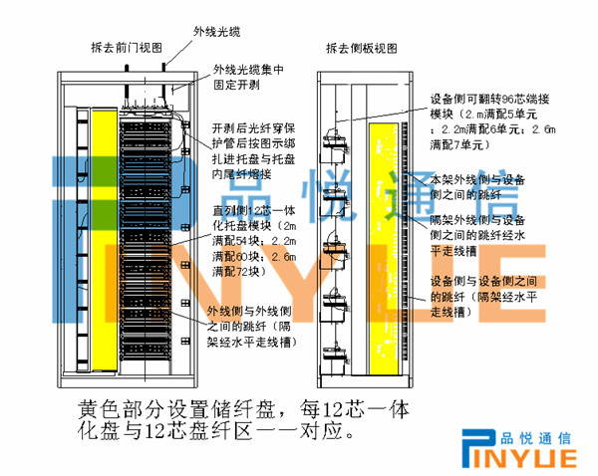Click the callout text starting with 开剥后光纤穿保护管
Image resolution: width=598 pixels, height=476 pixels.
point(253,150)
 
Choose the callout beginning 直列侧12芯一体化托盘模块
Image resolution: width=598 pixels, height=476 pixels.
point(254,240)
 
